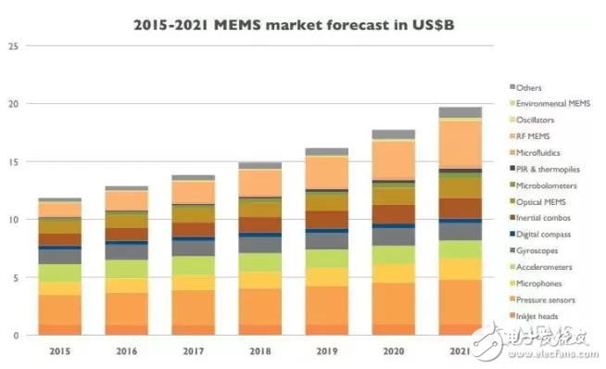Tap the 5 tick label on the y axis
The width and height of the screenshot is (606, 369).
click(x=14, y=277)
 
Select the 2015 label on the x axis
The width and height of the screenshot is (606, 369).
click(x=59, y=351)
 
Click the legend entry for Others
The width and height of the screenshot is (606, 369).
click(x=530, y=86)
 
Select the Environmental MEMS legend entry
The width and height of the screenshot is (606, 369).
click(x=553, y=103)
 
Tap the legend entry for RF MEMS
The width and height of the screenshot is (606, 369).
click(x=535, y=135)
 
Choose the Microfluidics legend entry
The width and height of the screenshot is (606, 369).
click(x=540, y=152)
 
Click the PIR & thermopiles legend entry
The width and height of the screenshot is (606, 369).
click(x=549, y=169)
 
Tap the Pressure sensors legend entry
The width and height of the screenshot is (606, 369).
click(x=547, y=299)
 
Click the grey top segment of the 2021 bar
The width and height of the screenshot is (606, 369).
click(x=460, y=112)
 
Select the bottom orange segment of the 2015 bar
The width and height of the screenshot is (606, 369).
click(x=59, y=329)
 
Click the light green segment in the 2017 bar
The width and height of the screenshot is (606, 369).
click(x=194, y=265)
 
